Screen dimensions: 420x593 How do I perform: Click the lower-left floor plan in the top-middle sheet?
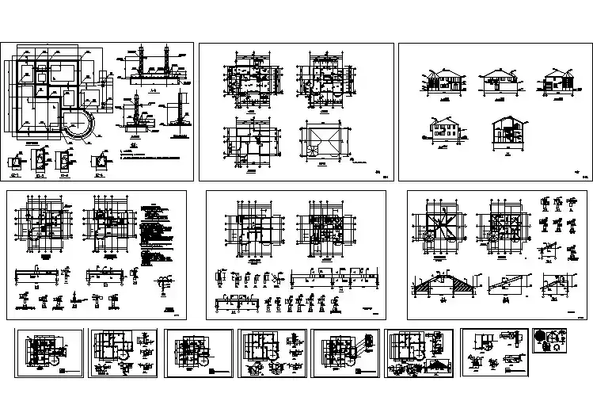tap(251, 142)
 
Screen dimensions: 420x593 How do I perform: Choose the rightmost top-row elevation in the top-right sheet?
tap(557, 82)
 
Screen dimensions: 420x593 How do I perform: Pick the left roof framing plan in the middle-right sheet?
tap(440, 227)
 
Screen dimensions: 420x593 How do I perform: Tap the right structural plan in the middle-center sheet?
tap(325, 231)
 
